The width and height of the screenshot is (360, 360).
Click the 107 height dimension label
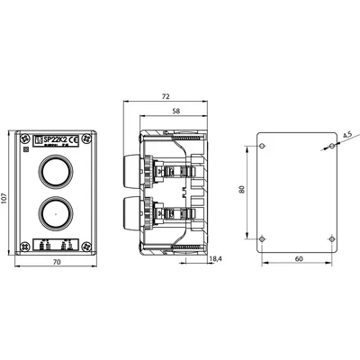coord(5,200)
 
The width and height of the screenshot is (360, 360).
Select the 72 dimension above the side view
coord(166,94)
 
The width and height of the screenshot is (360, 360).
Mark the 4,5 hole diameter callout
coord(346,138)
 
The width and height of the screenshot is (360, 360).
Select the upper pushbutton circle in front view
coord(53,171)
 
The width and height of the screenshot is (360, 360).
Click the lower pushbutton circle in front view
coord(53,213)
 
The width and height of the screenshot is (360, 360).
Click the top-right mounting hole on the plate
coord(332,146)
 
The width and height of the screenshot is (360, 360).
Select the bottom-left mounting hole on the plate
coord(261,238)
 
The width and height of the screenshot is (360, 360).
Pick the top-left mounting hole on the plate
coord(261,146)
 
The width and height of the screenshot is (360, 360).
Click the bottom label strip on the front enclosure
coord(53,243)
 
